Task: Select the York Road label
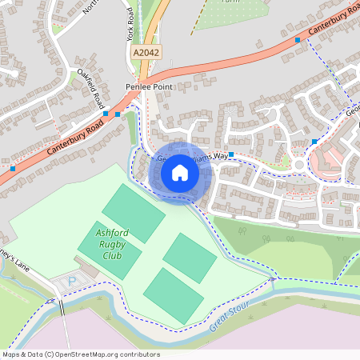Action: click(130, 25)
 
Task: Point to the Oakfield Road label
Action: click(90, 86)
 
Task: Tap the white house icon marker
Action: click(180, 172)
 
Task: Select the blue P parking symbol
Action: click(73, 282)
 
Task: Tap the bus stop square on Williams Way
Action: click(230, 154)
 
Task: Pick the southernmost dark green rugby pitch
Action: click(173, 295)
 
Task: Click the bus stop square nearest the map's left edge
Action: click(13, 168)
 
